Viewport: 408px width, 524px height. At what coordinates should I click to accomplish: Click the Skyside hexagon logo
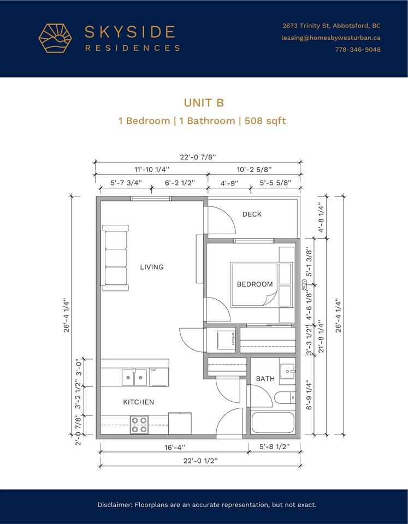[x=55, y=38]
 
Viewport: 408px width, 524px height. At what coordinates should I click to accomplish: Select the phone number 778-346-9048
[x=358, y=50]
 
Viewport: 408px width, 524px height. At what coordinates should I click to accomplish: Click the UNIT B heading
[x=204, y=103]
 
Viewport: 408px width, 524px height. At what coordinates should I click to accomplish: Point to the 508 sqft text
[x=264, y=121]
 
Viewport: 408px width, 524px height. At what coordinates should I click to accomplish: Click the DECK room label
[x=252, y=215]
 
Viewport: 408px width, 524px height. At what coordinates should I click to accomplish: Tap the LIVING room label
[x=151, y=267]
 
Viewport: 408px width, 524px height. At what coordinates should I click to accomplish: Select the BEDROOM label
[x=255, y=284]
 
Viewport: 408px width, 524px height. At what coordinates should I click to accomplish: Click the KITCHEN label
[x=138, y=402]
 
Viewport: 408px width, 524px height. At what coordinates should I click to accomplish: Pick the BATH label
[x=265, y=378]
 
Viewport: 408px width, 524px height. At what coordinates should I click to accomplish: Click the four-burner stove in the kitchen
[x=139, y=424]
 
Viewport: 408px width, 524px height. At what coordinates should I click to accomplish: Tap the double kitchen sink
[x=134, y=377]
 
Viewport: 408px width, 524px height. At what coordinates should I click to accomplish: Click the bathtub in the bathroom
[x=273, y=422]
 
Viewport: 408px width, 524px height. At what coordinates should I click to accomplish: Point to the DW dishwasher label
[x=153, y=370]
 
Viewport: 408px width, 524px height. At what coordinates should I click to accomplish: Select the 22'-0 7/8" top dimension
[x=197, y=157]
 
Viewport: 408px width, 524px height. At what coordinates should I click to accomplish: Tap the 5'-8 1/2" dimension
[x=273, y=446]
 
